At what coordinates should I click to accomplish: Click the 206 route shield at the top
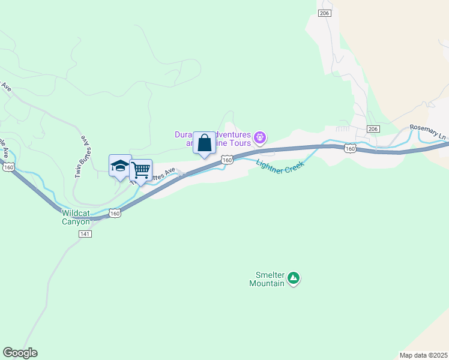pos(325,14)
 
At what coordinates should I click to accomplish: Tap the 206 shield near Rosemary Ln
pos(373,129)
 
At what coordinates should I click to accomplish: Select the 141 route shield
pos(85,234)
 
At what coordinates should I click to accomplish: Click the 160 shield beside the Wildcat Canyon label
pos(115,213)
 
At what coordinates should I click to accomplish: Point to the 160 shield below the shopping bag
pos(226,160)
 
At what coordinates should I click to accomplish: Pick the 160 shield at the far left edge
pos(8,167)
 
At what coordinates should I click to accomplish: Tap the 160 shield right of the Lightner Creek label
pos(351,148)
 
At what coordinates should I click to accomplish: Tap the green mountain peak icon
pos(293,278)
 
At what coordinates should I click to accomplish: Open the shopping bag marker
pos(204,143)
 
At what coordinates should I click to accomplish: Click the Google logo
pos(20,353)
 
